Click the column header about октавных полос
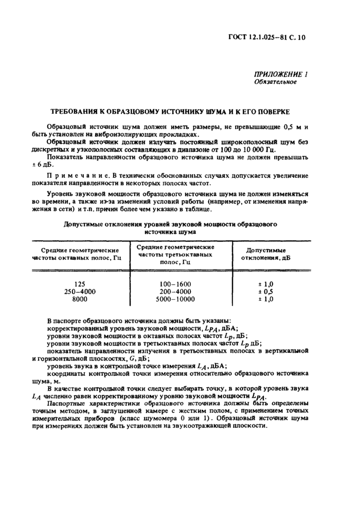tap(77, 253)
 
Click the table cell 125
tap(79, 283)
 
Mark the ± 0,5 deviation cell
tap(264, 291)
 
